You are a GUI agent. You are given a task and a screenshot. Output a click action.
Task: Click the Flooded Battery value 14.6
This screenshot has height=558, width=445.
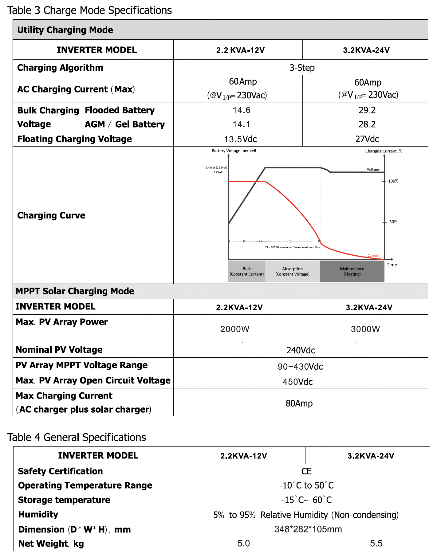tap(241, 110)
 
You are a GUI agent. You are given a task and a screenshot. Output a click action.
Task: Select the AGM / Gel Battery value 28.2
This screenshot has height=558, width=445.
tap(367, 124)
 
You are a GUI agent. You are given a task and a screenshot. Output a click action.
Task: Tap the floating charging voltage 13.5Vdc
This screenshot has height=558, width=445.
tap(240, 139)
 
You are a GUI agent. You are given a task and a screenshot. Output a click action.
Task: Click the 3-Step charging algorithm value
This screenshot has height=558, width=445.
tap(302, 68)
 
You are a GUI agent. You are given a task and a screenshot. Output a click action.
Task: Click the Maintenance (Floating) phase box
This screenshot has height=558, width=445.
tap(352, 271)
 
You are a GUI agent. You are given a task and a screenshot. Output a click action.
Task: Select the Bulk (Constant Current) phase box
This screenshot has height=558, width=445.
tap(246, 271)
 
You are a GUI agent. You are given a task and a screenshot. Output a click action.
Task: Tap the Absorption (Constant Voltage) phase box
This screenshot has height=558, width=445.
tap(292, 271)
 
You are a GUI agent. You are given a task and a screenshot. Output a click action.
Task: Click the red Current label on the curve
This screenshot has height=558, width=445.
tap(373, 255)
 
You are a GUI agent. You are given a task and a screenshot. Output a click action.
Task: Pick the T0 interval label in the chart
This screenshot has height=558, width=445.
tap(244, 241)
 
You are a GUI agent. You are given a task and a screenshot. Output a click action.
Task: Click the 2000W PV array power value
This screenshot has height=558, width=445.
tap(235, 329)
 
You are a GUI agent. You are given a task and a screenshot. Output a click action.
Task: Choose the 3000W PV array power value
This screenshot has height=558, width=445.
tap(365, 329)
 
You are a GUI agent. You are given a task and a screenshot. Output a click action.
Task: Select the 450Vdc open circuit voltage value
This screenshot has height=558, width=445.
tap(297, 382)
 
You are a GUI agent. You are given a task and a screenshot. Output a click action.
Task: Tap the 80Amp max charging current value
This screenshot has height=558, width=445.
tap(299, 403)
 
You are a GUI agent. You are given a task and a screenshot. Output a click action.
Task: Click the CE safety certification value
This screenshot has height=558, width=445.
tap(306, 471)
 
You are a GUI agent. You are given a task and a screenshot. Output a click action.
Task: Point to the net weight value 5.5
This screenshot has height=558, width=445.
tap(376, 543)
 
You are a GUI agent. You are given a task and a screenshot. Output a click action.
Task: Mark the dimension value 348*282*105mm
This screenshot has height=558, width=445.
tap(308, 529)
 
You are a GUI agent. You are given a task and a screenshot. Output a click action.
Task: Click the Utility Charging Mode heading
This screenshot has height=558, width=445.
tap(65, 30)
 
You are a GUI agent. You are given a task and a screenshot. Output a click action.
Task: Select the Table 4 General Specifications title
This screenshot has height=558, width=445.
tap(77, 437)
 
